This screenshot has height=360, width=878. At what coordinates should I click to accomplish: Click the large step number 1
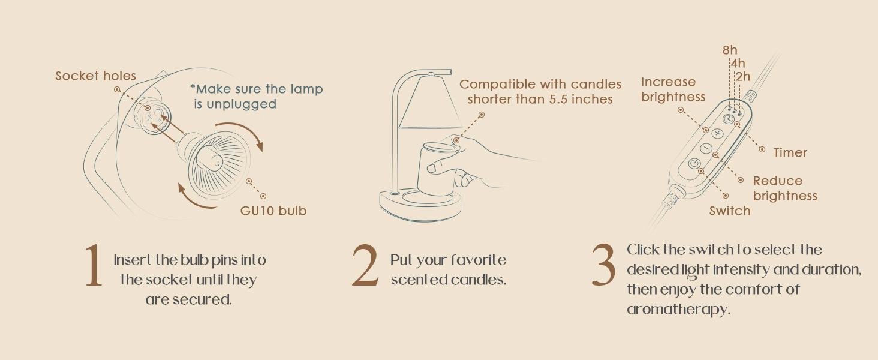point(93,266)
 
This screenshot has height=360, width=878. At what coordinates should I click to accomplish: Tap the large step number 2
point(365,266)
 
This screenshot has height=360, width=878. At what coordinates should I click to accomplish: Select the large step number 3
point(603,266)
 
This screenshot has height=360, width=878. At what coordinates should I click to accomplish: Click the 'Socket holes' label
point(95,76)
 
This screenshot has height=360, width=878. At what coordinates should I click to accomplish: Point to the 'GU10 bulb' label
point(273,211)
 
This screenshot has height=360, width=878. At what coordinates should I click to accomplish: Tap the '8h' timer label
point(730,50)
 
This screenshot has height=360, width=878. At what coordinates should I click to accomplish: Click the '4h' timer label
point(738,63)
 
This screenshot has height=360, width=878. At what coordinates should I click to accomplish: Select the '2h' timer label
point(742,77)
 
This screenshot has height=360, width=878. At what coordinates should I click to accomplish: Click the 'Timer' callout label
point(790,153)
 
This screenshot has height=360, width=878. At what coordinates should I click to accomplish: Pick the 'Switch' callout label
point(729,211)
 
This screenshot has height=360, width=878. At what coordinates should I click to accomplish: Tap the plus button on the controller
point(717,133)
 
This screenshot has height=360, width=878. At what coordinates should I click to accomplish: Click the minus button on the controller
point(706,148)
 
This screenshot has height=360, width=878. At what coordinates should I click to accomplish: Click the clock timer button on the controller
point(728,119)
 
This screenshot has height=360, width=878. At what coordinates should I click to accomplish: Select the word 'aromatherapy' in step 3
point(678,310)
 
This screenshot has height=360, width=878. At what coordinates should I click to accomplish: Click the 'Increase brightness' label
point(672,89)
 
